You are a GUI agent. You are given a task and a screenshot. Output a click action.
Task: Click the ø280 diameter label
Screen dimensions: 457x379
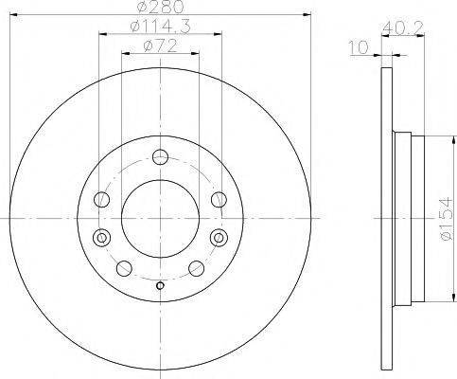160,7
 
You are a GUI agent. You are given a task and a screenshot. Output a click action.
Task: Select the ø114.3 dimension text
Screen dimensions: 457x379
160,27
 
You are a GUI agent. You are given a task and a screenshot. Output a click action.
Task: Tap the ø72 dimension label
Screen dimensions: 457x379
160,46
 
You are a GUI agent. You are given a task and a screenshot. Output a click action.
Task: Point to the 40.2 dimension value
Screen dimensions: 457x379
402,28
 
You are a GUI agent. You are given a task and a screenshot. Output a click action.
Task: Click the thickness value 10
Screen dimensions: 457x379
359,47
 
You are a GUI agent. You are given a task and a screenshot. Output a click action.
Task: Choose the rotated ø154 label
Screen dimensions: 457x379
447,219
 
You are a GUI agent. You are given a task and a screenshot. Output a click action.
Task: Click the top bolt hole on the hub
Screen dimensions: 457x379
160,157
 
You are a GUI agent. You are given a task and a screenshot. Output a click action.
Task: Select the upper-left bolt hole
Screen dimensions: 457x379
102,200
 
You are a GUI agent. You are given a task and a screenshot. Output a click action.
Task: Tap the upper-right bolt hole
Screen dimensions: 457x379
219,200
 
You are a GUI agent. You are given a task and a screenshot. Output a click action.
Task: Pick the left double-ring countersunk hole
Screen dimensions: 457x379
102,237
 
